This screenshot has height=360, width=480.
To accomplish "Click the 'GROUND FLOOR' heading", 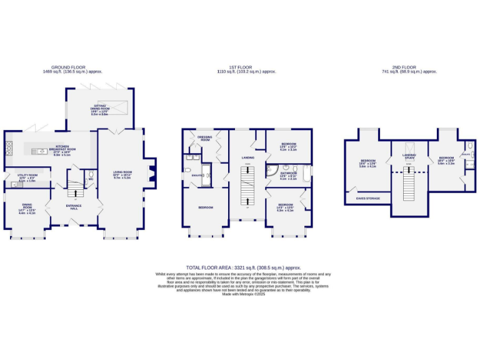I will pyautogui.click(x=69, y=67).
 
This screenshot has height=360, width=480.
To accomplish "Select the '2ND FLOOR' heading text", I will pyautogui.click(x=404, y=67).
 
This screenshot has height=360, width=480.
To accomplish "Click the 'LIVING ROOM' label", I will pyautogui.click(x=122, y=174).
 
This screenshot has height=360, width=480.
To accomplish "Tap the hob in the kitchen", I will pyautogui.click(x=9, y=149).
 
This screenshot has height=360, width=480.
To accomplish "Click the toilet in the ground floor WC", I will pyautogui.click(x=91, y=175).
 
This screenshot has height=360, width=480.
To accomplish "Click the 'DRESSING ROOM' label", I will pyautogui.click(x=204, y=138).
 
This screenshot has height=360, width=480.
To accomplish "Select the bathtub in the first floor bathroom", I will pyautogui.click(x=304, y=172).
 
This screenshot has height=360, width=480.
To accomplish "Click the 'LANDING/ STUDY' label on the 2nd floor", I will pyautogui.click(x=409, y=156).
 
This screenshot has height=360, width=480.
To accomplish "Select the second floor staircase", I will pyautogui.click(x=409, y=184).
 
